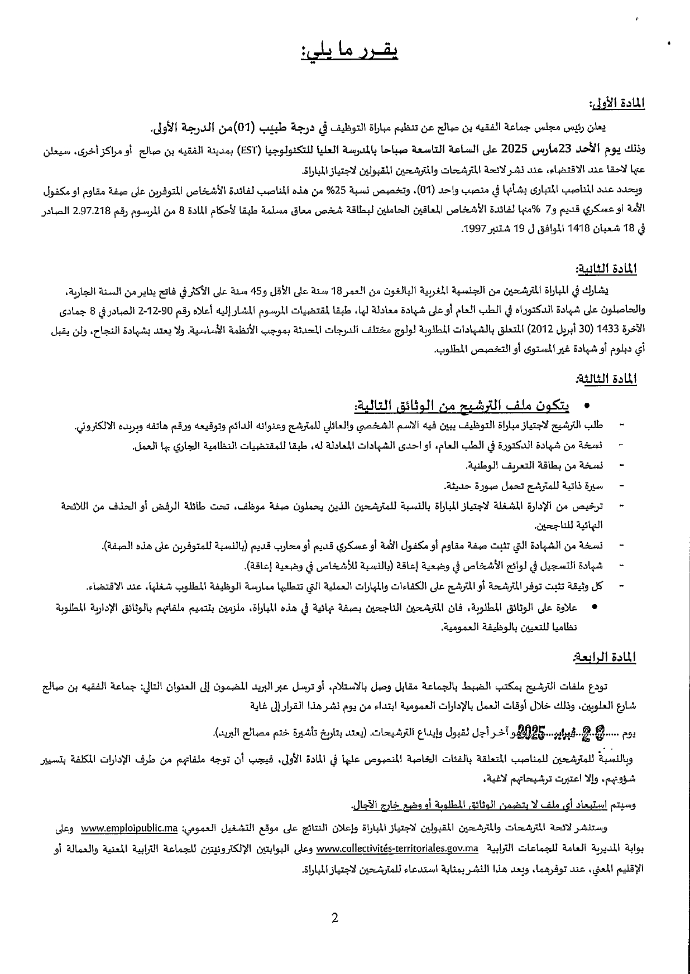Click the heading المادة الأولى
click(617, 104)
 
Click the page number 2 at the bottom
click(335, 918)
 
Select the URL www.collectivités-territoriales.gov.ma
click(397, 849)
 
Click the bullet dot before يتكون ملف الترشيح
click(586, 406)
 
